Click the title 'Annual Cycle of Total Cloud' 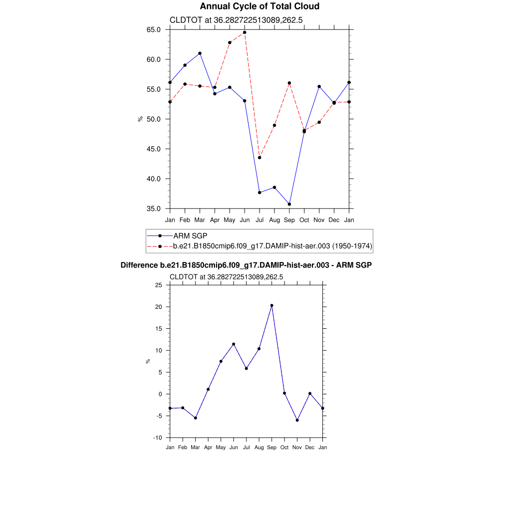click(259, 6)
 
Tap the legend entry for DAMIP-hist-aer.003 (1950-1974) click(272, 246)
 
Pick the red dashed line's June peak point click(245, 32)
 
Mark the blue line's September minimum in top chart click(289, 204)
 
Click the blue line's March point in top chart click(200, 53)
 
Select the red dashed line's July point click(259, 158)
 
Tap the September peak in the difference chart click(271, 305)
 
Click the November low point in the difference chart click(297, 420)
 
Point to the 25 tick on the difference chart click(159, 285)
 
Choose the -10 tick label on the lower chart click(158, 438)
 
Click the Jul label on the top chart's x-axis click(259, 220)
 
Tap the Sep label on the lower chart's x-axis click(271, 447)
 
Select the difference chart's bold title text click(246, 265)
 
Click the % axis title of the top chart click(141, 119)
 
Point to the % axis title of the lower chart click(148, 361)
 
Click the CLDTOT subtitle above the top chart click(237, 20)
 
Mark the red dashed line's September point click(289, 83)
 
